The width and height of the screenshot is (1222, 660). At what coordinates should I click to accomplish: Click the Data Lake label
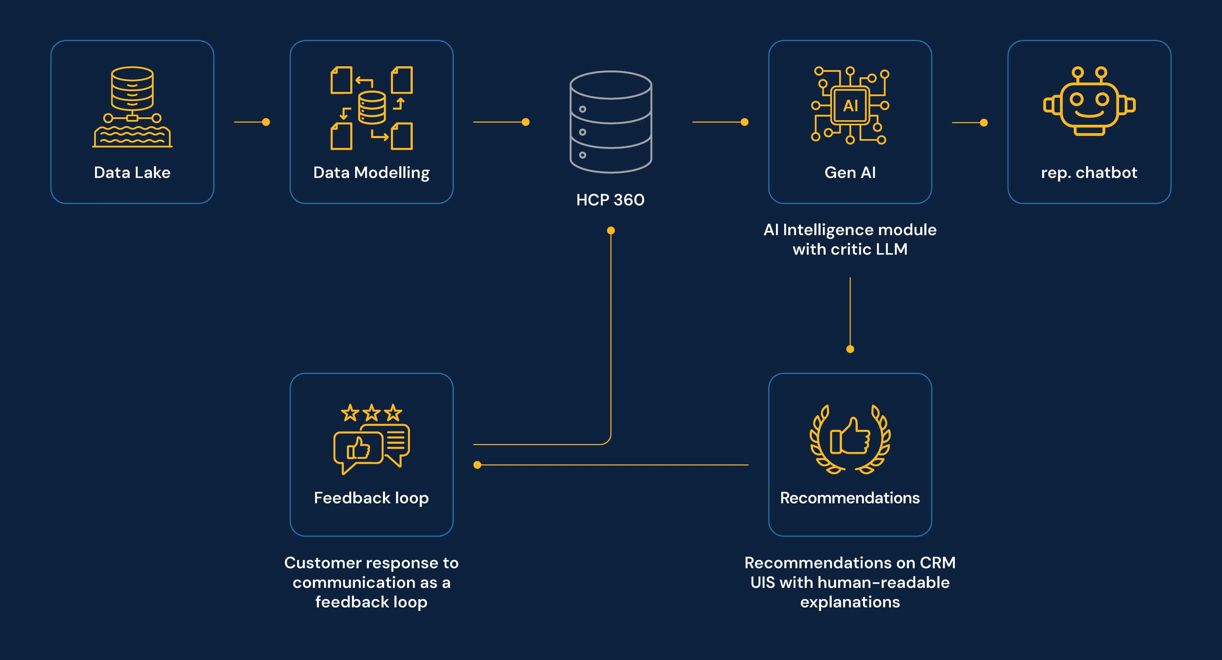[132, 173]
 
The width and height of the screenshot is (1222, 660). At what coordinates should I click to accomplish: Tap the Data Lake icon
[132, 107]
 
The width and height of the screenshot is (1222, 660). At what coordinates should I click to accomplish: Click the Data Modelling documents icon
[372, 108]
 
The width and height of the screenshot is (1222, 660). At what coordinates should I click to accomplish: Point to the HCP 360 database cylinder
[611, 122]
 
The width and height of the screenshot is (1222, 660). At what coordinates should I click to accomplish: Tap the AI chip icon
[850, 105]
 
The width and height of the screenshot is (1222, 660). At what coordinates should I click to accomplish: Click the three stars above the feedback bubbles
[372, 413]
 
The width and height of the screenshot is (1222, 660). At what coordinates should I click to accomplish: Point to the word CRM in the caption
[937, 563]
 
